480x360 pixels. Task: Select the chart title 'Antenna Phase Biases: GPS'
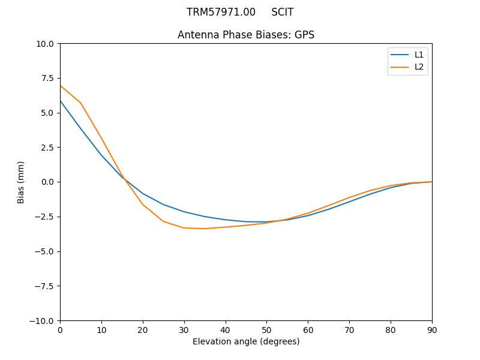coord(246,35)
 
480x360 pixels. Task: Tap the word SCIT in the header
coord(283,12)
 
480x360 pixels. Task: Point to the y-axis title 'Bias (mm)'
coord(21,182)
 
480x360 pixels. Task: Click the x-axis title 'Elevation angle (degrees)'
coord(246,341)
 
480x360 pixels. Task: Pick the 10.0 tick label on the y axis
coord(45,43)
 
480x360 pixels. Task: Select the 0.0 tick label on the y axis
coord(47,182)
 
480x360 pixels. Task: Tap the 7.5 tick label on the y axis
coord(47,78)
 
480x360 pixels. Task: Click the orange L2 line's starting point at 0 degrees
coord(61,85)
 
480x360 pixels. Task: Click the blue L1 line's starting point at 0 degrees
coord(61,101)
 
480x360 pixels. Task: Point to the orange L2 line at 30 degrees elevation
coord(184,228)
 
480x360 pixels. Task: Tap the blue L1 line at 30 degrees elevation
coord(184,212)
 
